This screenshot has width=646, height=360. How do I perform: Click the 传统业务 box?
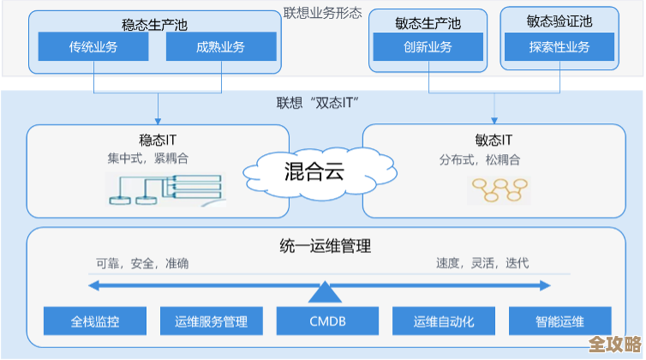click(93, 47)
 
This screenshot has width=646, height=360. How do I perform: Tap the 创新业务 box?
click(428, 47)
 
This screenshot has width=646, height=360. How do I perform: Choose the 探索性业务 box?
click(559, 47)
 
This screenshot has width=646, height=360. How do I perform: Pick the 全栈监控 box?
click(95, 321)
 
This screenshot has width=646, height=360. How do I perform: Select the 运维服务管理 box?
click(211, 321)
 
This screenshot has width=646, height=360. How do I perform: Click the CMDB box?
click(326, 321)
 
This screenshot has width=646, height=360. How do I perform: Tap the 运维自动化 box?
click(443, 321)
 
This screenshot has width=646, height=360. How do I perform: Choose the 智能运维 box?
click(559, 321)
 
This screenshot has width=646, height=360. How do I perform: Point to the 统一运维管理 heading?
click(326, 246)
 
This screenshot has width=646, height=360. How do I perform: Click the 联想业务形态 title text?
click(323, 14)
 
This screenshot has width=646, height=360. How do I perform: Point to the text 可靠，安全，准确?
click(142, 263)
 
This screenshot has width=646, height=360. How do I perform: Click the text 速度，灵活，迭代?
click(482, 263)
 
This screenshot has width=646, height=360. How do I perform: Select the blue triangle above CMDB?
click(326, 292)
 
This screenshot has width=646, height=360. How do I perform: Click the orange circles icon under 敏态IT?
click(493, 189)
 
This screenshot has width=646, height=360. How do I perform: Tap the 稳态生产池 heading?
click(154, 25)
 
